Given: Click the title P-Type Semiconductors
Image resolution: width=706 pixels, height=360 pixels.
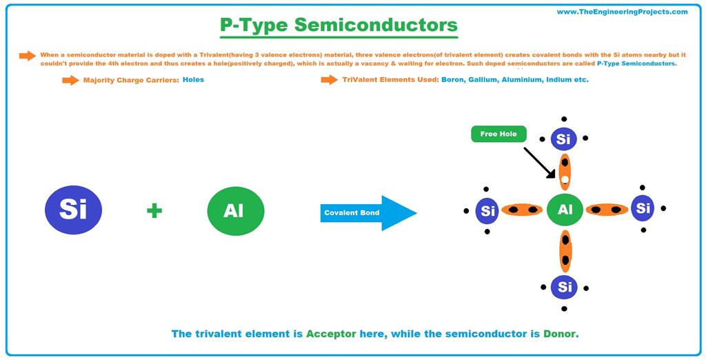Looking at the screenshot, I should [x=339, y=26].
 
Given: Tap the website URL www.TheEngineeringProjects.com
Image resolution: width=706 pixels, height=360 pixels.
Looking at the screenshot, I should [x=622, y=12].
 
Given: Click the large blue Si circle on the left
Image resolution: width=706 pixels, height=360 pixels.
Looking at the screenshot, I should [x=73, y=210].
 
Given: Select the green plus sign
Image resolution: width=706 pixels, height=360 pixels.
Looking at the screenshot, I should [x=154, y=210].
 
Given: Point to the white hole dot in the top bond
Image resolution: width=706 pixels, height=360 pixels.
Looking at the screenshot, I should [x=565, y=180].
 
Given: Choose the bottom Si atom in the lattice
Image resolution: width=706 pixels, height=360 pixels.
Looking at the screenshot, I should [x=565, y=286].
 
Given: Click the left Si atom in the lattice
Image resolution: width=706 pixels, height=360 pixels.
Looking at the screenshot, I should [x=488, y=210].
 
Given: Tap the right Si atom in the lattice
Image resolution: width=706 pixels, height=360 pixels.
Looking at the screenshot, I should [x=643, y=208].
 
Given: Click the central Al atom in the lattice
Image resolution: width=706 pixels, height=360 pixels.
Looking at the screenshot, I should [x=565, y=210].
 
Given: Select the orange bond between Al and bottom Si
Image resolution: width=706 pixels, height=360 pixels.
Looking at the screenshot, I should [x=565, y=251].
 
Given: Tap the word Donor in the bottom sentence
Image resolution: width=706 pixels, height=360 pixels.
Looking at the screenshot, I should [x=559, y=334].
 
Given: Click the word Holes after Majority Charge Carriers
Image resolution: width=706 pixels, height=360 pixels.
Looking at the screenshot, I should [x=193, y=80].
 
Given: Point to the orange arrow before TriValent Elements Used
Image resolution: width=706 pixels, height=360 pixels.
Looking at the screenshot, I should [x=329, y=80].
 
